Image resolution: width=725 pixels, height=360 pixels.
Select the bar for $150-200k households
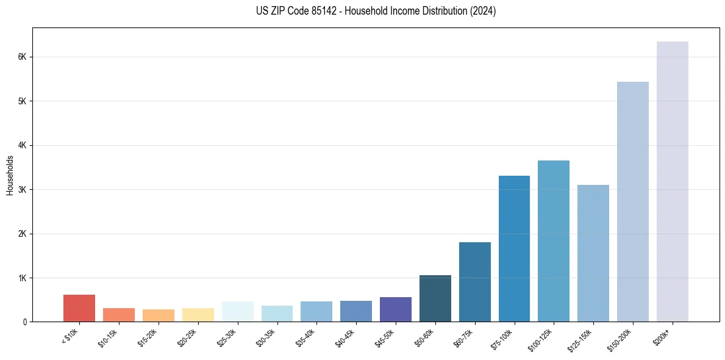pyautogui.click(x=632, y=202)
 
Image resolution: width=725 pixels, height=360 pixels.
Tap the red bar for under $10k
pyautogui.click(x=79, y=308)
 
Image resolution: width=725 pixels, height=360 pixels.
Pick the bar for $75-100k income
pyautogui.click(x=514, y=249)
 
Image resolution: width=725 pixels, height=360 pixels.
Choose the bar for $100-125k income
pyautogui.click(x=554, y=241)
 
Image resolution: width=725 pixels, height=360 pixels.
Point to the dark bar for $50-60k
pyautogui.click(x=435, y=298)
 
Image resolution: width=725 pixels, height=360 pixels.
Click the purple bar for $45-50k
pyautogui.click(x=395, y=309)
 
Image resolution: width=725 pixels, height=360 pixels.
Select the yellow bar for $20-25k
pyautogui.click(x=198, y=315)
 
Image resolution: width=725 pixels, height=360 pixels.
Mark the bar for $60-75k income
pyautogui.click(x=474, y=282)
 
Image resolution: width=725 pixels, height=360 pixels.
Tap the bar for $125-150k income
pyautogui.click(x=593, y=253)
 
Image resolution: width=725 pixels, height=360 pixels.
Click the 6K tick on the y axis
pyautogui.click(x=22, y=57)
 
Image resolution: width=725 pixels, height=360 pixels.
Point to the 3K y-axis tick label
pyautogui.click(x=22, y=190)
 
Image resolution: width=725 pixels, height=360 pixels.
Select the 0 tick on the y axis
pyautogui.click(x=24, y=322)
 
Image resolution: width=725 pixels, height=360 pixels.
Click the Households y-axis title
pyautogui.click(x=10, y=175)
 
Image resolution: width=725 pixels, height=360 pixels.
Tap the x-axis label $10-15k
pyautogui.click(x=108, y=337)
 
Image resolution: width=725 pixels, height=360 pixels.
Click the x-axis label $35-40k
pyautogui.click(x=305, y=337)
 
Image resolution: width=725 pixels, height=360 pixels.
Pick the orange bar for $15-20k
pyautogui.click(x=158, y=315)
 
